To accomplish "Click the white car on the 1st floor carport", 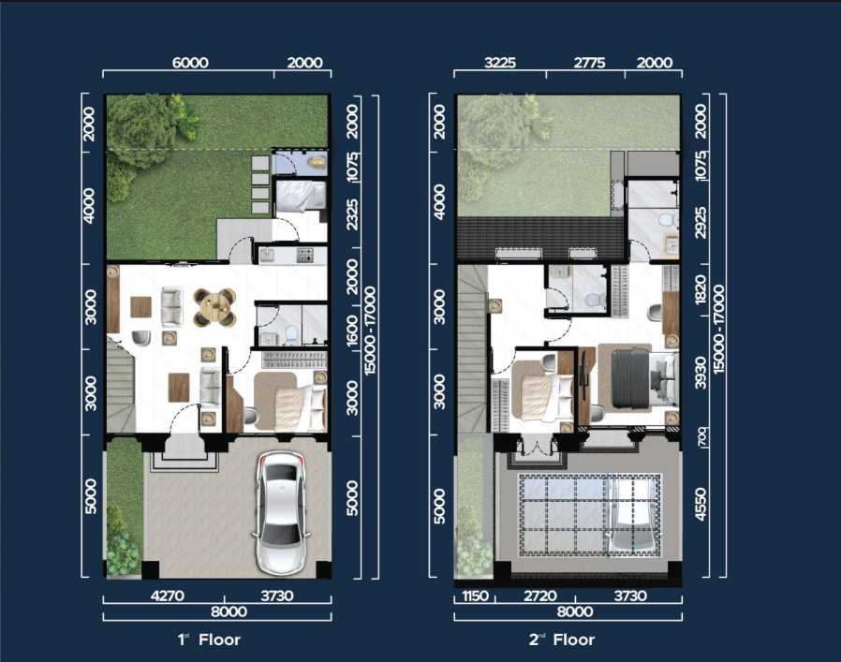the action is point(282,513).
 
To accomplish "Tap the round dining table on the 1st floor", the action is point(214,307).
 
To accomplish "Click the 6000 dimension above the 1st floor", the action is point(190,63).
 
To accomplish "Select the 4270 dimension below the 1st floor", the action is point(168,596).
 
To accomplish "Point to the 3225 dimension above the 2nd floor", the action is point(500,63).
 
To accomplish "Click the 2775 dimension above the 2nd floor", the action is point(589,63).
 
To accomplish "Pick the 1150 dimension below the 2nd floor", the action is point(475,596).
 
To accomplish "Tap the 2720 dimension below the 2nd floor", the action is point(539,596).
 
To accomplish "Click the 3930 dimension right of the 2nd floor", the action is point(701,373).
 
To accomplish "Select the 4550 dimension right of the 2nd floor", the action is point(701,505).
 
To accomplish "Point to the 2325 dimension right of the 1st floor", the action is point(352,214).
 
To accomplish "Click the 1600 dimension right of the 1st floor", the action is point(352,330).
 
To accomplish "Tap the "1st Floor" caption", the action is point(209,640).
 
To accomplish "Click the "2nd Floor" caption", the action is point(562,640).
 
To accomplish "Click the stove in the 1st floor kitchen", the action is point(305,256).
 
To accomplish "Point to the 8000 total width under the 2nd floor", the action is point(574,611).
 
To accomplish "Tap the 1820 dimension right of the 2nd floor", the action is point(701,290).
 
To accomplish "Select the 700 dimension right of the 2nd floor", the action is point(701,437).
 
